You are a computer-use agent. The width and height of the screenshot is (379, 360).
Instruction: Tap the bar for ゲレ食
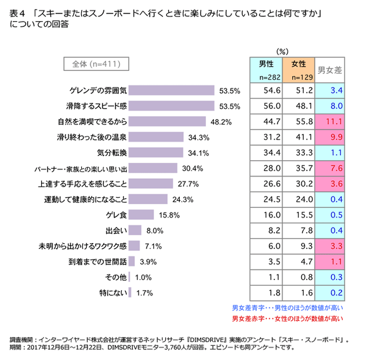coord(141,215)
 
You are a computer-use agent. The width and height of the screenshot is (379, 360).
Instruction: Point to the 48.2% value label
coord(221,122)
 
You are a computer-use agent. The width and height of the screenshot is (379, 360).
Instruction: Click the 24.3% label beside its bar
coord(183,199)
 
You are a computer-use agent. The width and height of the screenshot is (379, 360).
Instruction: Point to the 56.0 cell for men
coord(266,106)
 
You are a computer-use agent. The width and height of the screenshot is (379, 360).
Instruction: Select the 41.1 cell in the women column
coord(298,137)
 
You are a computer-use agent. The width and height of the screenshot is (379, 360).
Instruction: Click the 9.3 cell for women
coord(298,246)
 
